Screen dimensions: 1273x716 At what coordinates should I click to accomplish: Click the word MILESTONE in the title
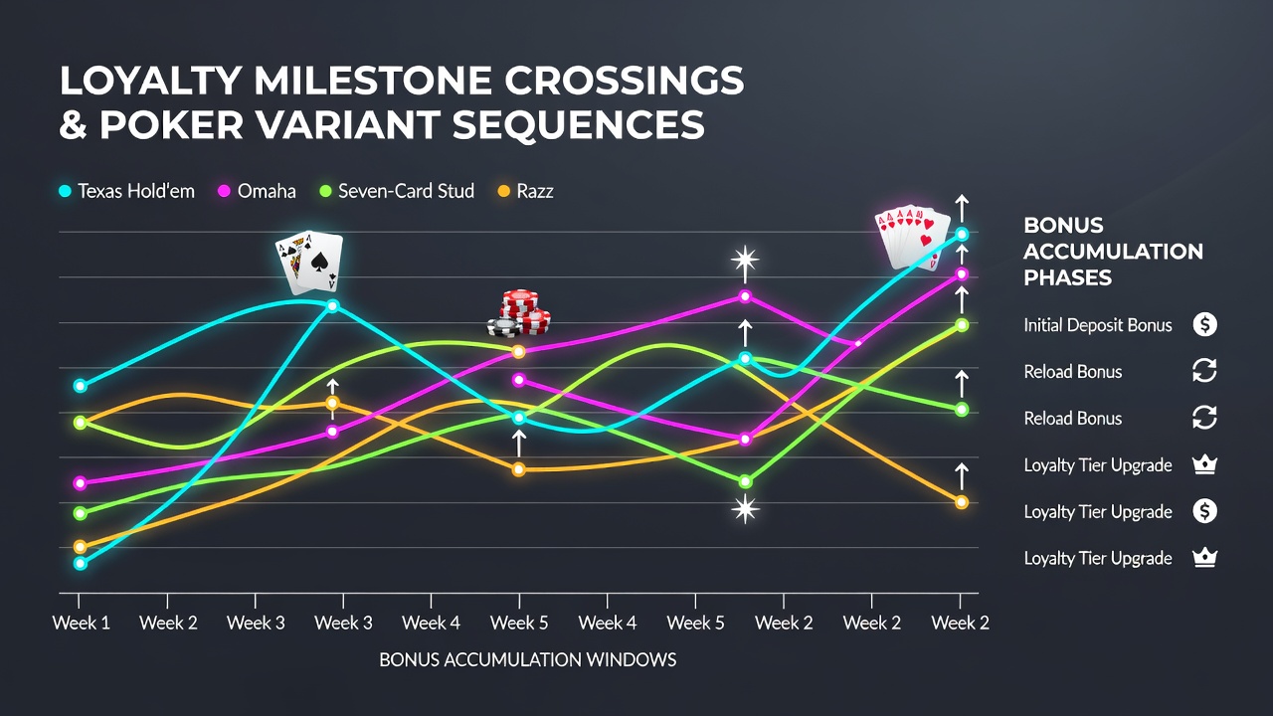tap(373, 81)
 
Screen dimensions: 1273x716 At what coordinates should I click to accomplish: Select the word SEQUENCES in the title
tap(579, 124)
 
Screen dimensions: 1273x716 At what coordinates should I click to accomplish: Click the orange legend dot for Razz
tap(504, 191)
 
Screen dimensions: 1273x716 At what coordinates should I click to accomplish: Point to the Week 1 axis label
tap(82, 623)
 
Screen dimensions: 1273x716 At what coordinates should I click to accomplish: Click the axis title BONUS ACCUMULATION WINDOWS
tap(527, 659)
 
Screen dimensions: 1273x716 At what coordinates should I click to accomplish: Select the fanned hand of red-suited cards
tap(912, 237)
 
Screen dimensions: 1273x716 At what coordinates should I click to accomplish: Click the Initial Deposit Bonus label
tap(1097, 325)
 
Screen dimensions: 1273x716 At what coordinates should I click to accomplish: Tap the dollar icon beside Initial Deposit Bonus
tap(1204, 324)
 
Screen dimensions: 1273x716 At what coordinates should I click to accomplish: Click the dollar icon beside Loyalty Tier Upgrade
tap(1204, 511)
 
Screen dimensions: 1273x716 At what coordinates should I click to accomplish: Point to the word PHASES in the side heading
tap(1067, 277)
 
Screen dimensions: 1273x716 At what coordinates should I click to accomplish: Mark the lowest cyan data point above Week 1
tap(81, 564)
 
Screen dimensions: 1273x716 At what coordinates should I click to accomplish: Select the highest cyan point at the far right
tap(962, 234)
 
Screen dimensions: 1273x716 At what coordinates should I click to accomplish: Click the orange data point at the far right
tap(962, 502)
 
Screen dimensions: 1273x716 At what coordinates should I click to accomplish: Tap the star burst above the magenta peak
tap(745, 261)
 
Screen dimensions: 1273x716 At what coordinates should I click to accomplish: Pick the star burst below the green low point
tap(745, 508)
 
